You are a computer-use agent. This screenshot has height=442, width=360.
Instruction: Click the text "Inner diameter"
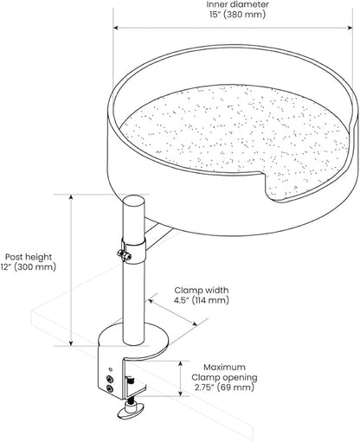237,4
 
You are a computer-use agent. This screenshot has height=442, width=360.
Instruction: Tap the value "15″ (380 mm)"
237,15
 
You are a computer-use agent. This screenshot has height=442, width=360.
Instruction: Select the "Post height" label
29,257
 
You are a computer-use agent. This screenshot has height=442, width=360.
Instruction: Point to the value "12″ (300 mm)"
29,267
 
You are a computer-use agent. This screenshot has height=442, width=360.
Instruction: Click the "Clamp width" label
202,290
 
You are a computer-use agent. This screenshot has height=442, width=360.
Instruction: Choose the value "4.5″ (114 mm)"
201,300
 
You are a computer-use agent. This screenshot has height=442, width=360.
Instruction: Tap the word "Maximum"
225,368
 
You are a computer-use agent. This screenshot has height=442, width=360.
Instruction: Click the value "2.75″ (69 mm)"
224,388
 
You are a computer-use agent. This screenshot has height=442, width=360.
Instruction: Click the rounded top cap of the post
133,201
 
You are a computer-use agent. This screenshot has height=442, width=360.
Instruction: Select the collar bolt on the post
124,255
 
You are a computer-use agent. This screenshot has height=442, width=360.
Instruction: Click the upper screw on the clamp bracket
109,379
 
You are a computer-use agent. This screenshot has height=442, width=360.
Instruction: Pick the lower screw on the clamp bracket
109,389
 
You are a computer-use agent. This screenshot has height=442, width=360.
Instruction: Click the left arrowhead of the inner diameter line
116,28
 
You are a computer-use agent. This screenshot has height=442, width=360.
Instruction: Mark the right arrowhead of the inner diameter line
350,28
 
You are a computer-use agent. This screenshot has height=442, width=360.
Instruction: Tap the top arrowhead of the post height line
71,197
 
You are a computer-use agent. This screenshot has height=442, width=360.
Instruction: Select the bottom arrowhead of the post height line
71,343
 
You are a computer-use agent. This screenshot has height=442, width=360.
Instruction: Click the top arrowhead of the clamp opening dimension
180,364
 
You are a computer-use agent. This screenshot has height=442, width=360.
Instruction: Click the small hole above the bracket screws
111,369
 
